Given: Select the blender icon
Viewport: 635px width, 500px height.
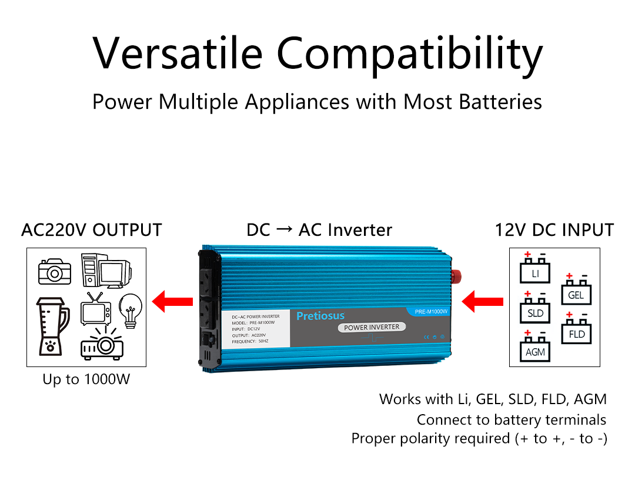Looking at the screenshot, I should [x=52, y=326].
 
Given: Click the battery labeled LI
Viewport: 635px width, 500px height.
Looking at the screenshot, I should [x=535, y=272].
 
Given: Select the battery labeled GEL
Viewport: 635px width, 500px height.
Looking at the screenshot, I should [x=576, y=293].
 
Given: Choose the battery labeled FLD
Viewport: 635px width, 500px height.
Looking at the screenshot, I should [x=577, y=332].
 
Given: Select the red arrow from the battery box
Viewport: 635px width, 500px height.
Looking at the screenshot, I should [x=483, y=302].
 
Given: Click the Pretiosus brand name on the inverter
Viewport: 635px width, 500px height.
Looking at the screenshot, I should [x=320, y=316].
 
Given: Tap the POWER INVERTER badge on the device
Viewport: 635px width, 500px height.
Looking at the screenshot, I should [x=372, y=327].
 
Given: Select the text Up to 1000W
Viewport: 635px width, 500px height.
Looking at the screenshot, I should [x=86, y=379].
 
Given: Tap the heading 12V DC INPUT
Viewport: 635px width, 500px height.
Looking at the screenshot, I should [x=554, y=230].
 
